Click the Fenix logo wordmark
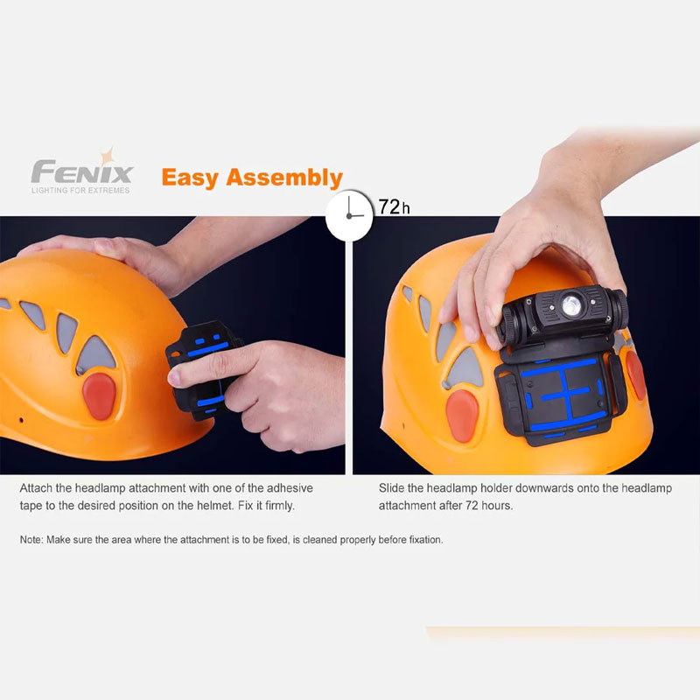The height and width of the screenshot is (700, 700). [82, 171]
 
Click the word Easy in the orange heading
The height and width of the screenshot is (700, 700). [191, 178]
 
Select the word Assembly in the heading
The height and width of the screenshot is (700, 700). [284, 178]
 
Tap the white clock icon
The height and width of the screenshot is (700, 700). [349, 215]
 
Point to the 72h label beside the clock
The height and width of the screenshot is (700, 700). [394, 207]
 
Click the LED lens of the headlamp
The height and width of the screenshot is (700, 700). [571, 305]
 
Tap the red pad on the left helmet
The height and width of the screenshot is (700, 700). [99, 396]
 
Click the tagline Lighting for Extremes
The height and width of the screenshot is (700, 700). [80, 190]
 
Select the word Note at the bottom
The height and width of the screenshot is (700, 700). [31, 540]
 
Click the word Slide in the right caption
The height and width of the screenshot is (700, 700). [391, 488]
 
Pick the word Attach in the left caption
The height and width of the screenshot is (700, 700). [35, 488]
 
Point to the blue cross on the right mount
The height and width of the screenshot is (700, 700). [564, 392]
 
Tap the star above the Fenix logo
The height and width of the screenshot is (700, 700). [108, 157]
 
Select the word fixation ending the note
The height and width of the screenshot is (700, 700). [425, 540]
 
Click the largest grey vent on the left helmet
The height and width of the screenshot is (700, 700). [95, 355]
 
